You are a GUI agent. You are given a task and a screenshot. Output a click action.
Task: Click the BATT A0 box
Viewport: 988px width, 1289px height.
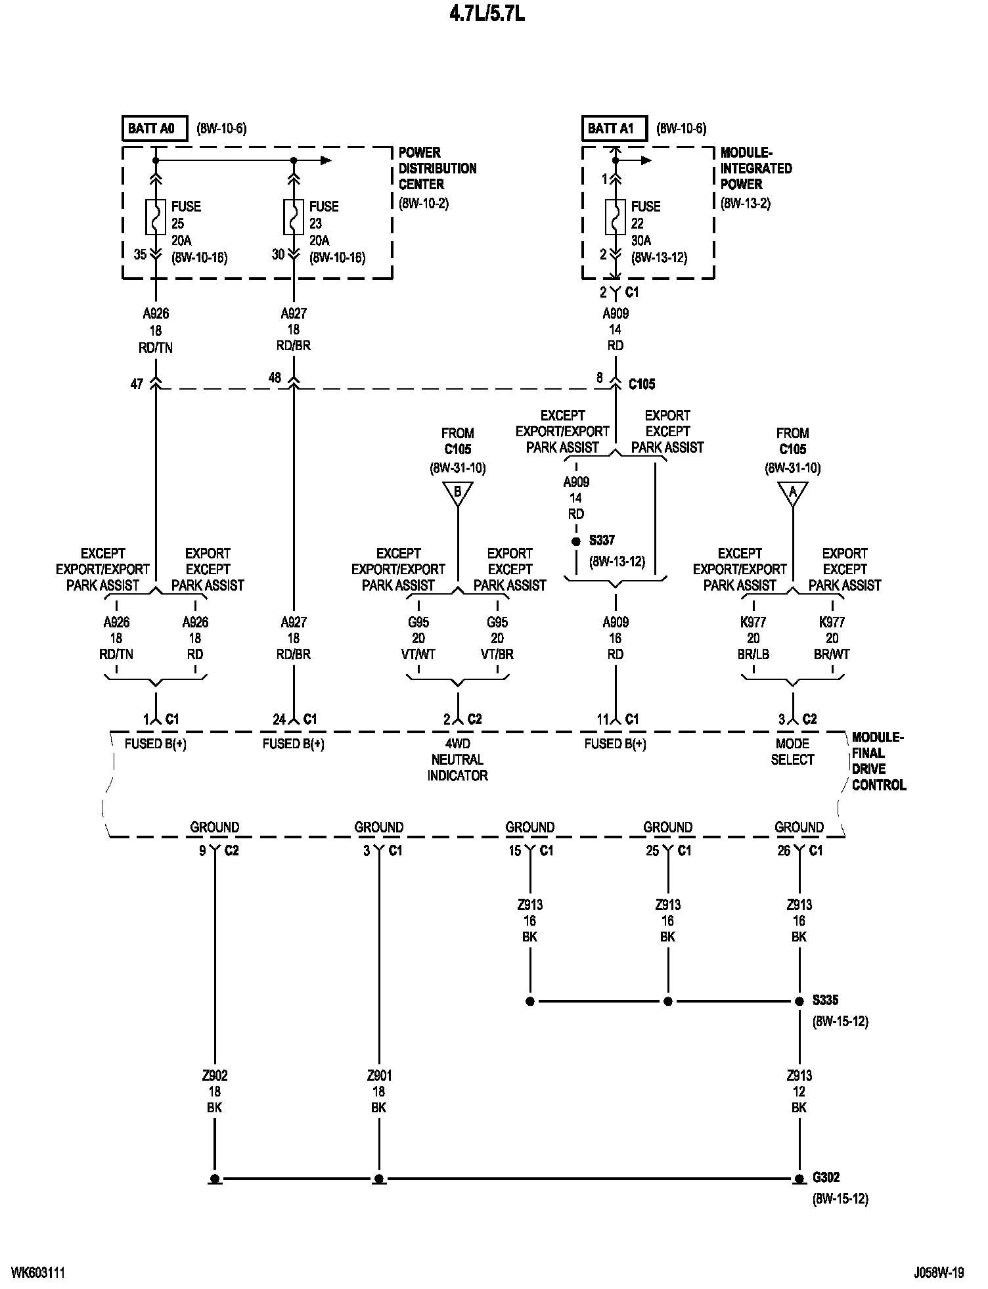pos(151,128)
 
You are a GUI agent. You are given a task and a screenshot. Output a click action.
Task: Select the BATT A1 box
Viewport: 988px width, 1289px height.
pos(611,128)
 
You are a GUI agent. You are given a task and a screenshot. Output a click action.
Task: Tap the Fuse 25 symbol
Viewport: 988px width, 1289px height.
pos(156,217)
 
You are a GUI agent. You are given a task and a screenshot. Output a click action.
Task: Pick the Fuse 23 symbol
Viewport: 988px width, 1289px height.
pos(294,217)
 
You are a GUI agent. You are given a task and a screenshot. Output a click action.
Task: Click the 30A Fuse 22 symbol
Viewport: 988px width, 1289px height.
pos(616,217)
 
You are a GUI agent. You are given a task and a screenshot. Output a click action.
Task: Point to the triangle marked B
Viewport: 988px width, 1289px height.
pos(458,492)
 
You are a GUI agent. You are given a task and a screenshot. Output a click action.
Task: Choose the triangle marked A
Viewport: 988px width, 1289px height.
pos(793,492)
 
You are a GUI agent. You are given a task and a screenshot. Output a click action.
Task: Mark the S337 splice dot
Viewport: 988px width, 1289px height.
pos(576,541)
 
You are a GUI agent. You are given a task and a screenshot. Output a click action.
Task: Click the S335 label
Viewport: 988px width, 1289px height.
pos(825,1001)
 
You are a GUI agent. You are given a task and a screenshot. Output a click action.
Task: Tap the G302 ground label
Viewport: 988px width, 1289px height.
pos(826,1177)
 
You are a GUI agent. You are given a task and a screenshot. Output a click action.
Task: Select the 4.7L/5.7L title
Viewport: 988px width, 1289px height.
pos(487,14)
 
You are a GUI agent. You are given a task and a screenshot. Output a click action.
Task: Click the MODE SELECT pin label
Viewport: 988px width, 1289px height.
pos(792,752)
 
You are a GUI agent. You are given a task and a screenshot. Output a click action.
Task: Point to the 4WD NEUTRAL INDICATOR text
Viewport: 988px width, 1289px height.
pos(457,759)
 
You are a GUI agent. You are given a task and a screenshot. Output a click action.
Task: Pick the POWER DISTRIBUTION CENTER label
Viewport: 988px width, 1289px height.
pos(437,168)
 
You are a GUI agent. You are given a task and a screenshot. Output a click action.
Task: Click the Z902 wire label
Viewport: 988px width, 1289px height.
pos(214,1075)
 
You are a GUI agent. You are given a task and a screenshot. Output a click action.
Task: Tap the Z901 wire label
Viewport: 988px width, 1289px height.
pos(378,1075)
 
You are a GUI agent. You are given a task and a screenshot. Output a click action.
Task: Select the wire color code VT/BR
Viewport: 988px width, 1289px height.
pos(497,654)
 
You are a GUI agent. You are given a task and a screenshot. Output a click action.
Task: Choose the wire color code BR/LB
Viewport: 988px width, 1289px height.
pos(753,654)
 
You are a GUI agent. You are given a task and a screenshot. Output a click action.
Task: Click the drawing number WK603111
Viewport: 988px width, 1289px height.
pos(38,1273)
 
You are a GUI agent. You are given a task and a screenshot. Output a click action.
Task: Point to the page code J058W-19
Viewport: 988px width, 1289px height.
pos(938,1273)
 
